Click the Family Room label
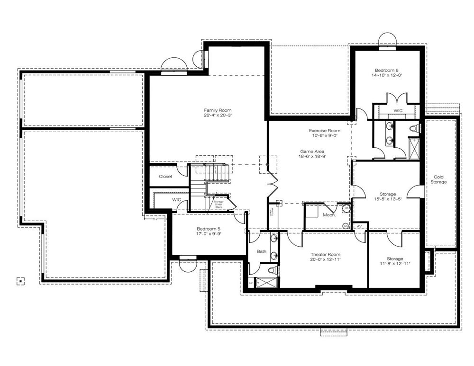pos(218,110)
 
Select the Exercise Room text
pos(324,130)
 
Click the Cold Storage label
pos(438,179)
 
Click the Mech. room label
pos(329,215)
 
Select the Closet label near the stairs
pos(165,177)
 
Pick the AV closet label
pos(359,226)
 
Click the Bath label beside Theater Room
pos(261,251)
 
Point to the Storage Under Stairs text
pos(218,204)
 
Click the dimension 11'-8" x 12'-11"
pos(394,264)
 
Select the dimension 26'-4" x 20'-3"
pos(218,116)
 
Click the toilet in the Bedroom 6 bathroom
pos(413,128)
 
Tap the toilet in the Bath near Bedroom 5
pos(272,270)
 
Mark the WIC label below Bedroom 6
pos(398,110)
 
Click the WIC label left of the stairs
pos(176,200)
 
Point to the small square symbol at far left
pos(20,281)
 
